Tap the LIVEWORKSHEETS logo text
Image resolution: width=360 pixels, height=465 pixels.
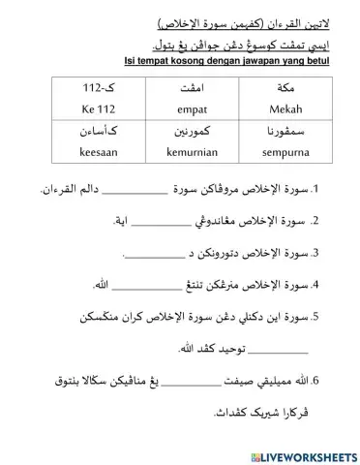[x=300, y=453]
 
